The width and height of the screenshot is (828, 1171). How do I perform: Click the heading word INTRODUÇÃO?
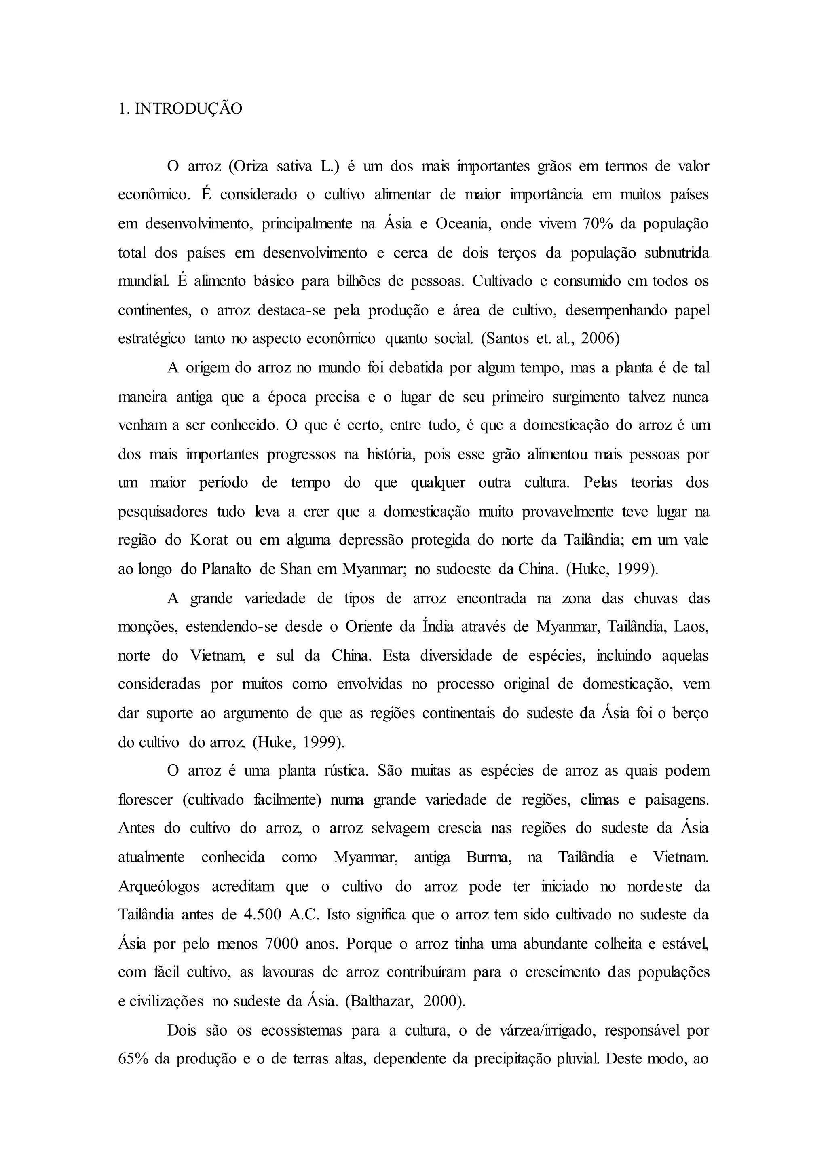click(189, 109)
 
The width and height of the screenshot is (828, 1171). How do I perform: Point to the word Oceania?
click(463, 224)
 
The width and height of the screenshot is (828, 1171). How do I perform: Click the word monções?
click(147, 626)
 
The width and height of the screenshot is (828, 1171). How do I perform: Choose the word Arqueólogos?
click(158, 886)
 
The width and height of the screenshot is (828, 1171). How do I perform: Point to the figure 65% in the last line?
click(133, 1059)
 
